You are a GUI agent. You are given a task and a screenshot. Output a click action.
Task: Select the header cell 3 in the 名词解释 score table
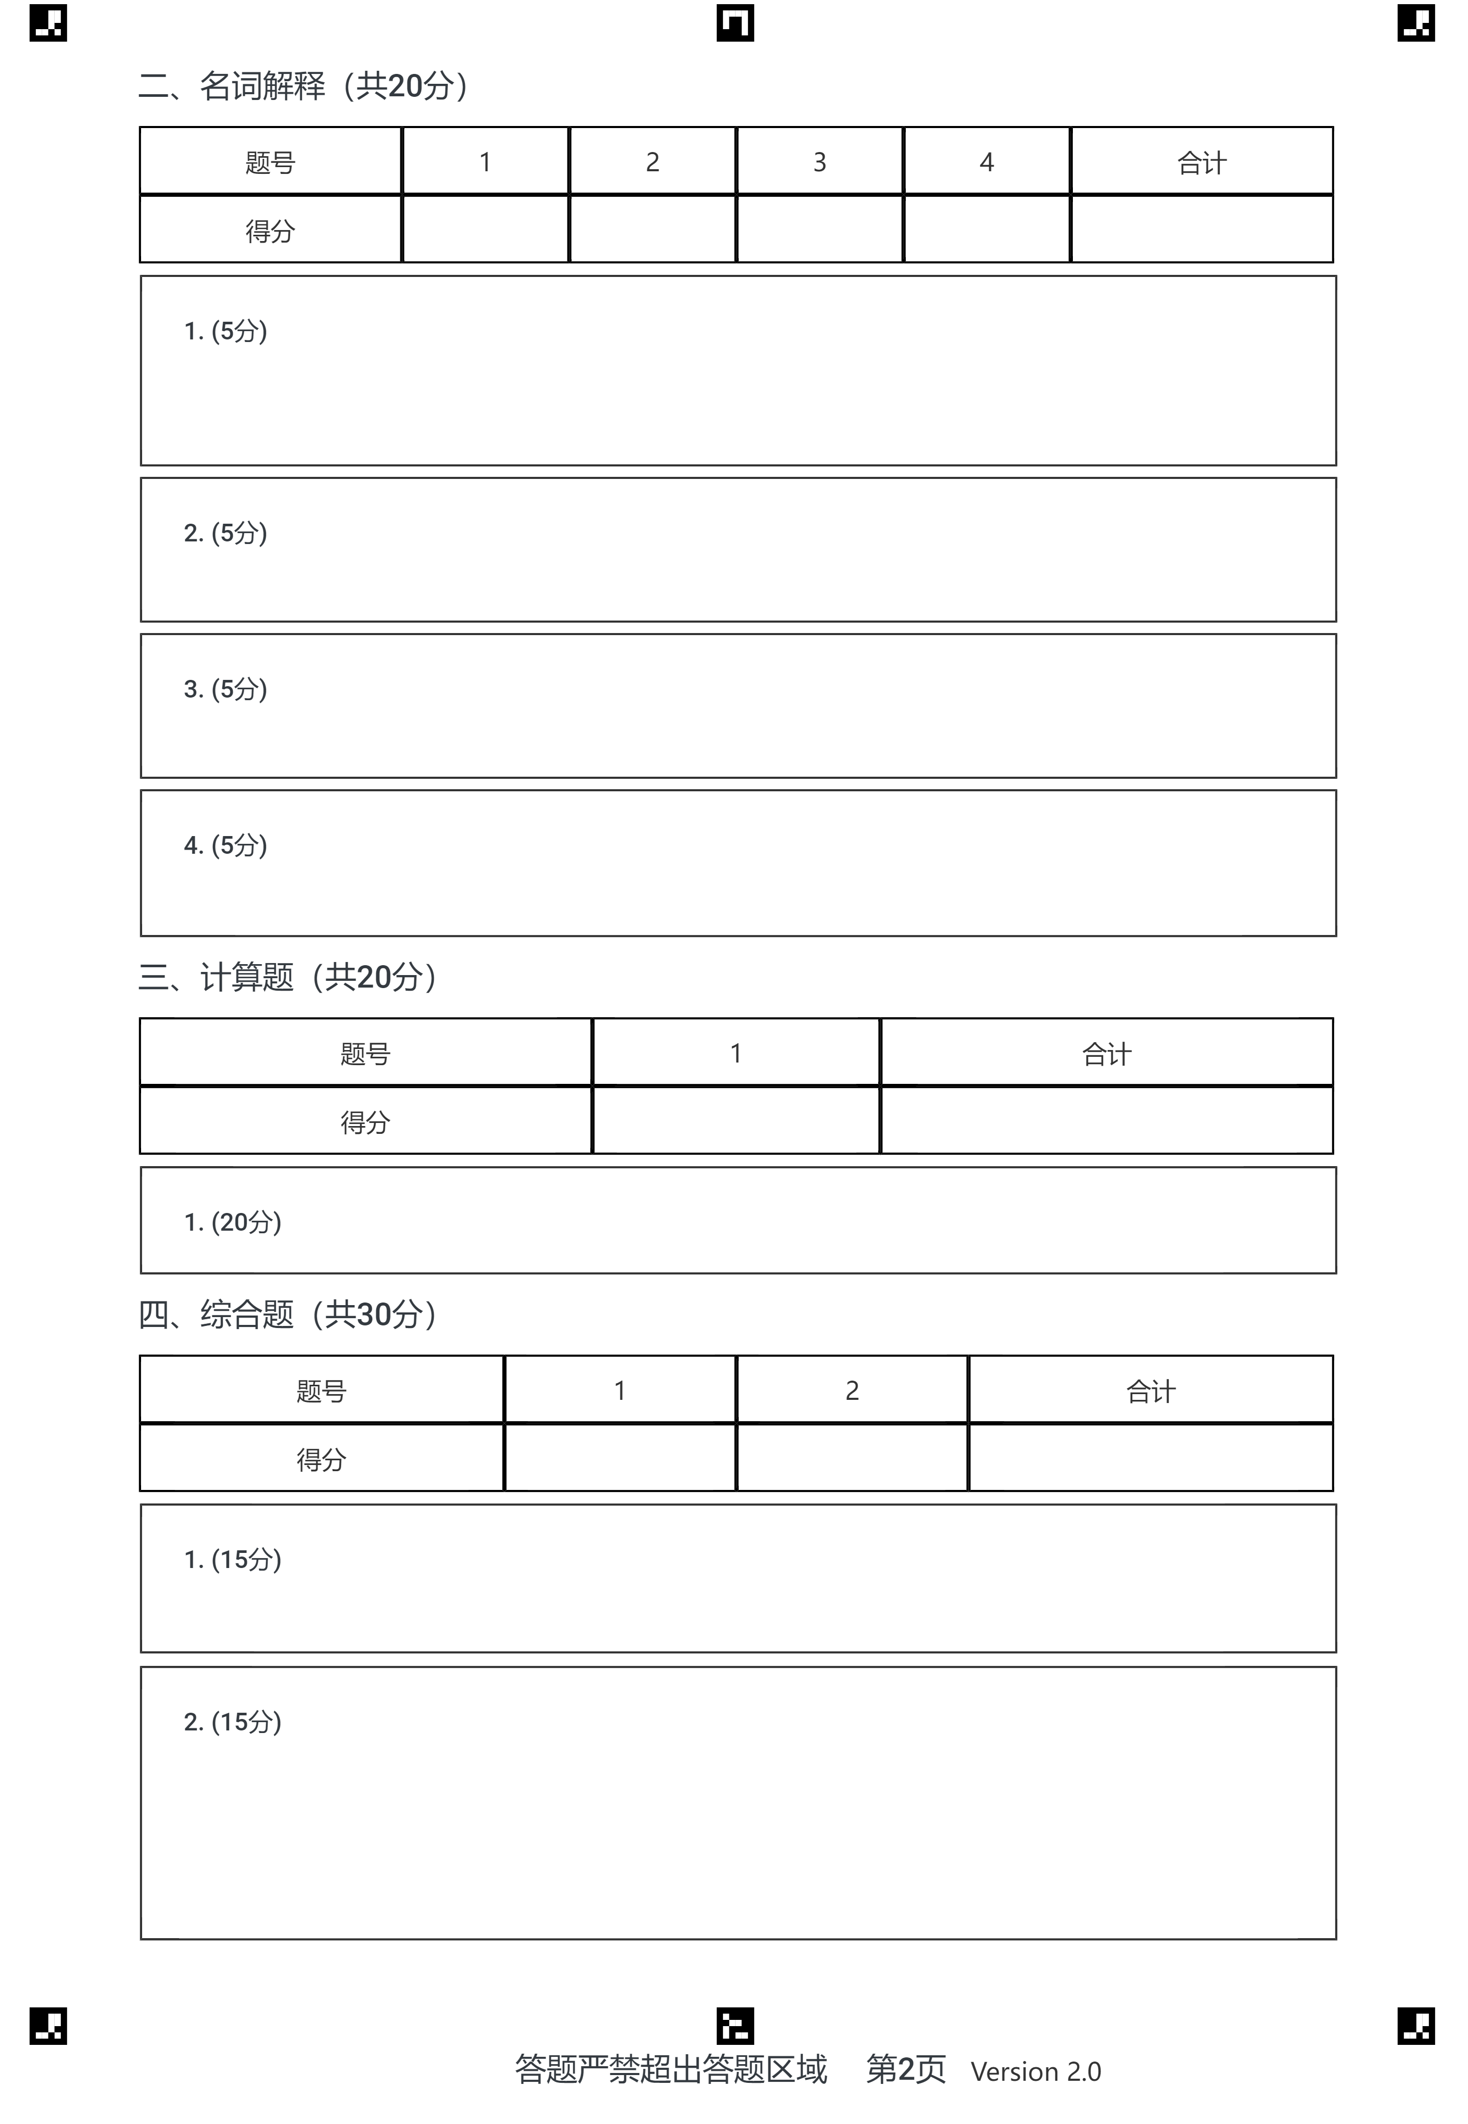[819, 162]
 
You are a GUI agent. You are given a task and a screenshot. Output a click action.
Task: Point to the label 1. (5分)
[225, 331]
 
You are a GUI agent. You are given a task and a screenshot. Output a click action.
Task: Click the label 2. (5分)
[225, 533]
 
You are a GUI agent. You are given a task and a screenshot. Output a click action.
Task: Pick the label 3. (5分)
[225, 689]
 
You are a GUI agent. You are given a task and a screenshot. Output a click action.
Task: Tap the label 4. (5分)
[225, 845]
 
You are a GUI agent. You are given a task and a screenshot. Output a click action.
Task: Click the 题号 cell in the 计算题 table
[365, 1053]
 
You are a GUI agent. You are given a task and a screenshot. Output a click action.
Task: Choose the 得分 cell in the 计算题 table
[365, 1121]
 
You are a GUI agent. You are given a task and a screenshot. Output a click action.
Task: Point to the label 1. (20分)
[233, 1222]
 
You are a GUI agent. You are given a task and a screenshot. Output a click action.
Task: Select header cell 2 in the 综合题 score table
[852, 1391]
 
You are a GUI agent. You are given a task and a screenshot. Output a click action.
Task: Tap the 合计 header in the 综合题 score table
[1150, 1391]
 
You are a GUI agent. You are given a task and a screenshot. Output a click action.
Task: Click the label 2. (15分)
[233, 1722]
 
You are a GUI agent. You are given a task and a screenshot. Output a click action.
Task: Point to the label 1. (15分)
[233, 1559]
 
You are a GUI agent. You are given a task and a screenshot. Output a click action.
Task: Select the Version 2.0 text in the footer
[1036, 2071]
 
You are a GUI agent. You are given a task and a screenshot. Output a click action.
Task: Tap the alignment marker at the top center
[735, 23]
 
